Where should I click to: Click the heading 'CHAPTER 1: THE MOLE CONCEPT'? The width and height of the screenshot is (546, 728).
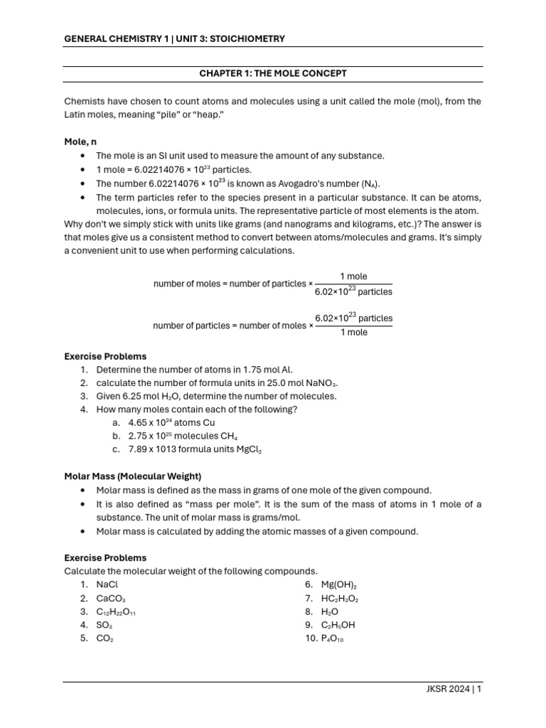273,74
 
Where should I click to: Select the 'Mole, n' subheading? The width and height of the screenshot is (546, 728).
80,142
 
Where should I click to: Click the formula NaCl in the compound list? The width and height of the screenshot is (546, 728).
107,584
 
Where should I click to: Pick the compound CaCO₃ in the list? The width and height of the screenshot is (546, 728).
111,599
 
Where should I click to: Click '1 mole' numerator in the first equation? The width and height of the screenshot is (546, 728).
353,277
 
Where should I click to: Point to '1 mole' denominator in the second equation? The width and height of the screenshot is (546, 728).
353,333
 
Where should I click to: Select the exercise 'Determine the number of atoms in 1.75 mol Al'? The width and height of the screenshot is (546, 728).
194,370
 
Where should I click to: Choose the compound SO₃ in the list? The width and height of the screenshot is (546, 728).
104,625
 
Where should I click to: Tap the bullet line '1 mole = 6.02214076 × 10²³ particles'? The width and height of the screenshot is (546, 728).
173,169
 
